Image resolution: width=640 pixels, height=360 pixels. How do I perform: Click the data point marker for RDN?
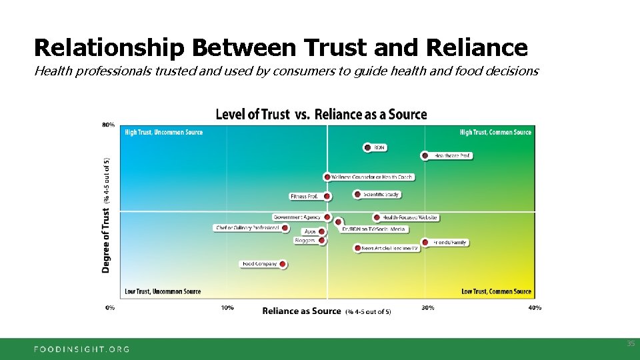367,147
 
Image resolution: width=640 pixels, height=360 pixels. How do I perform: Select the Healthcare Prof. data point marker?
425,155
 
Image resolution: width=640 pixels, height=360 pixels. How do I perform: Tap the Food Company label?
260,264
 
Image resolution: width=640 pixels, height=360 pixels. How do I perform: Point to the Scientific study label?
381,195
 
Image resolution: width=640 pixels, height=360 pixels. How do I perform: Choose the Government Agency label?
297,217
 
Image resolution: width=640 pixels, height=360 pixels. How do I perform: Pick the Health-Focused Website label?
409,217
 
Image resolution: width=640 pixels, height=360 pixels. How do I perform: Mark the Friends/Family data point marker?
425,243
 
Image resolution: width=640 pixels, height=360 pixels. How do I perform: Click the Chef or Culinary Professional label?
247,228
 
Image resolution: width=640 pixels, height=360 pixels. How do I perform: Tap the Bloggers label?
305,240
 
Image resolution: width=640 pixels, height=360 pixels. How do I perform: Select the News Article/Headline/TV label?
390,248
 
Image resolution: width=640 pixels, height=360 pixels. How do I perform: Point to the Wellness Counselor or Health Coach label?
372,177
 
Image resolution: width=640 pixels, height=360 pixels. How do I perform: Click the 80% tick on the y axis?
108,124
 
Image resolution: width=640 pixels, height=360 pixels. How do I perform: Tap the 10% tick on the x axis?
227,307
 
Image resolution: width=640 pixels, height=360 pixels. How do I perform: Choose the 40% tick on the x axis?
535,307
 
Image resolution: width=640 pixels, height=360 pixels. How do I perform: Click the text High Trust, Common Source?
495,132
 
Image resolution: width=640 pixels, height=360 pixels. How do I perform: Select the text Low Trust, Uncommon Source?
163,291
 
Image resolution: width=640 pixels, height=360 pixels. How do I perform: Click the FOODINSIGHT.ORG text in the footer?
82,349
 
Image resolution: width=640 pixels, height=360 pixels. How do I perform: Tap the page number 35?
630,343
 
